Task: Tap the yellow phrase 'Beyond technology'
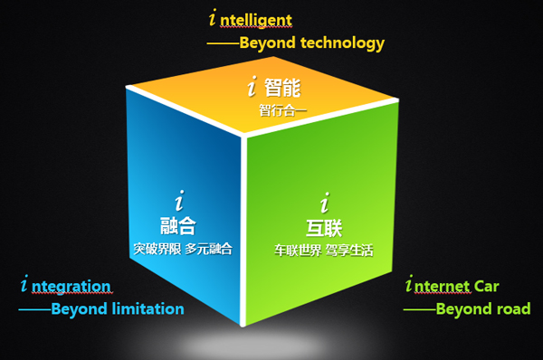(x=311, y=43)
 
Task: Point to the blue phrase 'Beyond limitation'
(x=117, y=309)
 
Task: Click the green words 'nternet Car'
(x=461, y=287)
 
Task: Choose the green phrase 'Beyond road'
(x=483, y=309)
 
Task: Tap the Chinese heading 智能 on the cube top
(x=282, y=89)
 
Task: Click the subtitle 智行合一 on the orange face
(x=283, y=110)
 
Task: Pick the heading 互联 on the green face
(x=325, y=227)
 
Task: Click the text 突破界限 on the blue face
(x=157, y=249)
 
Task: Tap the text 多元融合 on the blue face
(x=209, y=249)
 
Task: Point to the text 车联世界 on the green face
(x=298, y=250)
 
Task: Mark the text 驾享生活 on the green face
(x=349, y=250)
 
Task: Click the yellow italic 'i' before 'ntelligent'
(x=214, y=17)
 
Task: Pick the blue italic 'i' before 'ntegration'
(x=24, y=286)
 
